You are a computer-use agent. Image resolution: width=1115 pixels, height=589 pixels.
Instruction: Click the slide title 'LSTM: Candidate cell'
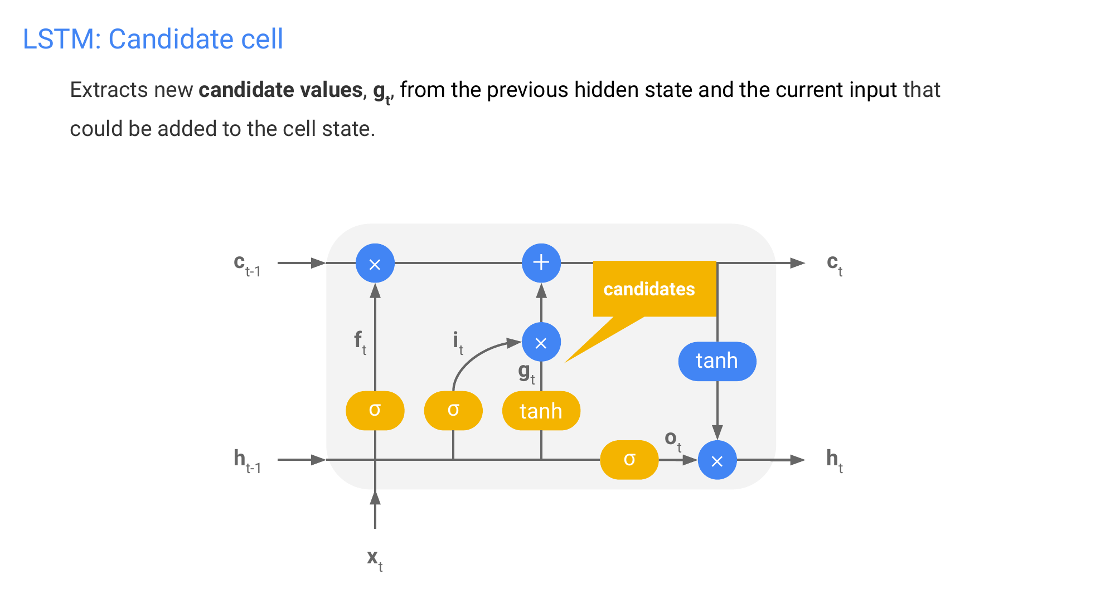pos(153,40)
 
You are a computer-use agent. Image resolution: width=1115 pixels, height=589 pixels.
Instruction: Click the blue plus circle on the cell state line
pos(541,262)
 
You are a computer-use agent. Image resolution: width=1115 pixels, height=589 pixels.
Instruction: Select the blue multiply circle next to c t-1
pos(375,263)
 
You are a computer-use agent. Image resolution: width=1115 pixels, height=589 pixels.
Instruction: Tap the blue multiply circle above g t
pos(541,342)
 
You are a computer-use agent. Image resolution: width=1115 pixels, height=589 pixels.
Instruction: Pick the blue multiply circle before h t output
pos(717,460)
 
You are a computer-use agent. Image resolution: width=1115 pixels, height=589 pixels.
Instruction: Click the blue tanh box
pos(717,361)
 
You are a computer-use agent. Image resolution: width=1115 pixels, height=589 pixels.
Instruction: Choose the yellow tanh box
pos(541,411)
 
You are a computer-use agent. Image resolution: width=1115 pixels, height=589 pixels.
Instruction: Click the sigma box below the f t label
pos(375,411)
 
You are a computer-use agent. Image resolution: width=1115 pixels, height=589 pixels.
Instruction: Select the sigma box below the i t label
pos(453,411)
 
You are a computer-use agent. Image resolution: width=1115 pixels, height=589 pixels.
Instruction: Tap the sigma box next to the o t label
pos(629,460)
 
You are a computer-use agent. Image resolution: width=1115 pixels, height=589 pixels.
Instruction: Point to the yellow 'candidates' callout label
pos(649,289)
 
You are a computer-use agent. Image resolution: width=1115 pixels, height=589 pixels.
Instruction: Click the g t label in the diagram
pos(526,372)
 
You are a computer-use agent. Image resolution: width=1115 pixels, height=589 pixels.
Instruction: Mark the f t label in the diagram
pos(360,341)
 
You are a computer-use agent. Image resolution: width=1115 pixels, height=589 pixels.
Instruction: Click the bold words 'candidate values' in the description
pos(280,90)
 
